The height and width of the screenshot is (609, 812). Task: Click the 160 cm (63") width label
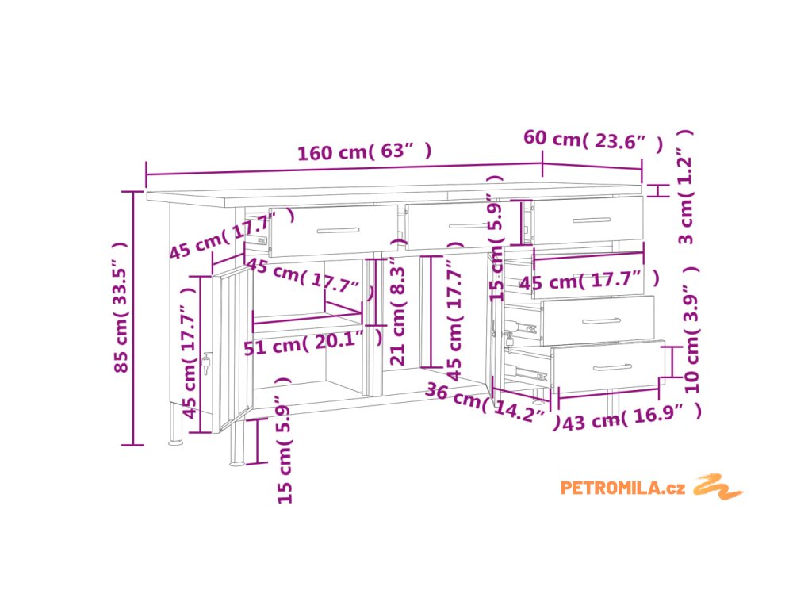365,151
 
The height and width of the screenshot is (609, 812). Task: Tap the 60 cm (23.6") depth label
593,140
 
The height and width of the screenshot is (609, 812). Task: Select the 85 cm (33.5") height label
121,317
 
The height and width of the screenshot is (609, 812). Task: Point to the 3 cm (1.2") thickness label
687,187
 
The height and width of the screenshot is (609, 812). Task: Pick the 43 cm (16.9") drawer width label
631,419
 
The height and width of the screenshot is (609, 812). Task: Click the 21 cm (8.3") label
398,314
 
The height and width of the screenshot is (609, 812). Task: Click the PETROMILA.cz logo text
622,488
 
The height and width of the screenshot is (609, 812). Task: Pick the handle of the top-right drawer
591,220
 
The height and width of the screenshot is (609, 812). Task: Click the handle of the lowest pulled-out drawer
611,366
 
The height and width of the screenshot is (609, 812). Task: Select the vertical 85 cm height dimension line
134,317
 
